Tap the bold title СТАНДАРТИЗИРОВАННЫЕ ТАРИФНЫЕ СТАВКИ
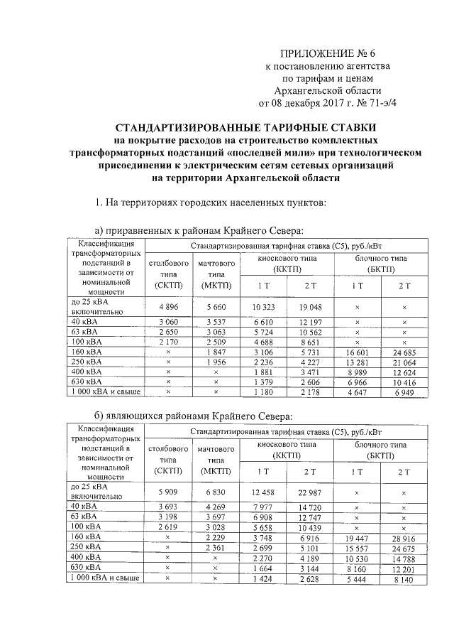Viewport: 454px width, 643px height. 227,128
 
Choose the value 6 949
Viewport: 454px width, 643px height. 404,391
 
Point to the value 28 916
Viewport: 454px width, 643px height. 404,540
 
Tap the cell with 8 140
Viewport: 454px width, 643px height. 404,580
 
